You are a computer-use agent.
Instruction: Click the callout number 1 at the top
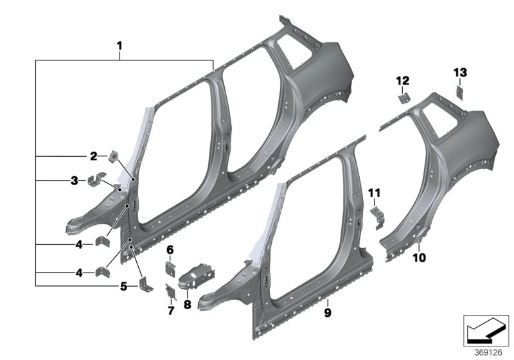click(x=119, y=46)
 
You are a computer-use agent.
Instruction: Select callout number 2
click(x=93, y=156)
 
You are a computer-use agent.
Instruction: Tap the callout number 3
click(x=75, y=181)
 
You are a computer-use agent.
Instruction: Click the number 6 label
click(x=170, y=249)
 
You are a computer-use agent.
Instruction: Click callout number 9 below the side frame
click(x=327, y=312)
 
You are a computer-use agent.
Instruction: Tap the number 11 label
click(x=375, y=192)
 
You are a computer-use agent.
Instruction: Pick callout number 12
click(x=401, y=80)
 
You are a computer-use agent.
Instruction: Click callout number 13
click(x=461, y=71)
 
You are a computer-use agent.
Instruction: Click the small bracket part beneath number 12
click(x=402, y=98)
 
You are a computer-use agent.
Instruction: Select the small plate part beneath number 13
click(x=461, y=92)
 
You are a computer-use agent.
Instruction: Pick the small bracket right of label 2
click(x=114, y=156)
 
